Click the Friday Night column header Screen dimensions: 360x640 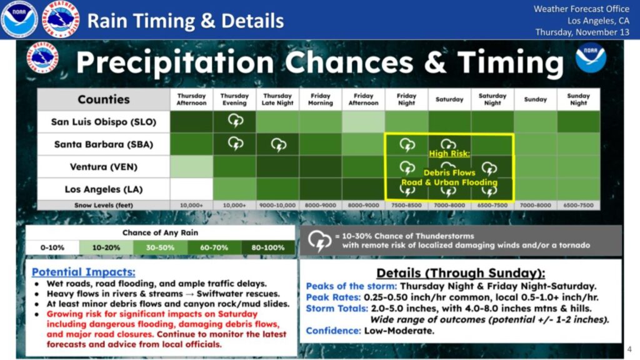click(406, 99)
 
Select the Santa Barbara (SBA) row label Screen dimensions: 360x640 click(104, 144)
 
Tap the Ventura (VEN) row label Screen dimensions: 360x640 click(104, 167)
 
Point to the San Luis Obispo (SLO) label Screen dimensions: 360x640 click(104, 122)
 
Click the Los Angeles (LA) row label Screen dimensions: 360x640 click(104, 189)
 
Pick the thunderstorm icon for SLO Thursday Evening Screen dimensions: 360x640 click(235, 121)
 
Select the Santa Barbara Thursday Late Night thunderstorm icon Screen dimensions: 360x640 click(277, 144)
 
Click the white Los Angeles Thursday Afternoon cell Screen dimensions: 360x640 click(191, 189)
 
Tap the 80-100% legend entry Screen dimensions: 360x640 click(268, 247)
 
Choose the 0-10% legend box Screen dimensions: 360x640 click(52, 247)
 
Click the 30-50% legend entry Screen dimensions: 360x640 click(160, 247)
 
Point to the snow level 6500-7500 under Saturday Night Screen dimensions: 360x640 click(492, 205)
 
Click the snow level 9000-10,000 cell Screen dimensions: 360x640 click(277, 205)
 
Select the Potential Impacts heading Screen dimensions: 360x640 click(83, 272)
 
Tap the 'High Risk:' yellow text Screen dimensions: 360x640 click(449, 153)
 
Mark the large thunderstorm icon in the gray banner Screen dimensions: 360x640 click(320, 240)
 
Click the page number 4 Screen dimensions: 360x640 click(629, 349)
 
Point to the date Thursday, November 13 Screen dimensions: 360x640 click(582, 32)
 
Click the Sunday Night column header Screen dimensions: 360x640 click(578, 99)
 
